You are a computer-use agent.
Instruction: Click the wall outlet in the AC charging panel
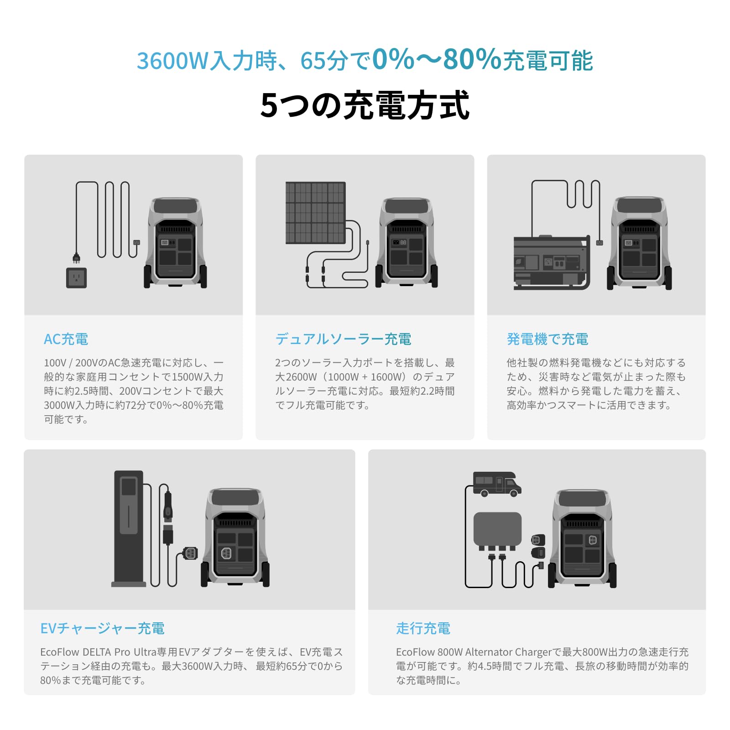(76, 277)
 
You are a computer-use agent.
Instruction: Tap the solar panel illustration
(315, 213)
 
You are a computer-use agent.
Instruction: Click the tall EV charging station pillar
(129, 528)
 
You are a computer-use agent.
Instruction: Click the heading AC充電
(66, 339)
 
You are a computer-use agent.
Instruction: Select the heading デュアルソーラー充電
(343, 339)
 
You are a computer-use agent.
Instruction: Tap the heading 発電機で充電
(547, 339)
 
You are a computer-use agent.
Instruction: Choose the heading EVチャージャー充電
(102, 628)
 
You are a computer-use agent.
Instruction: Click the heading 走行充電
(423, 628)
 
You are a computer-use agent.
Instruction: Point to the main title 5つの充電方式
(365, 105)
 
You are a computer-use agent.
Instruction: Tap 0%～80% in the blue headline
(437, 59)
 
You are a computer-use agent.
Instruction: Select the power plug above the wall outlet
(76, 258)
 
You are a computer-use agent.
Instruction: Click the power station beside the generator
(639, 243)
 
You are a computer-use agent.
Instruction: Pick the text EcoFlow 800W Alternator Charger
(474, 652)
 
